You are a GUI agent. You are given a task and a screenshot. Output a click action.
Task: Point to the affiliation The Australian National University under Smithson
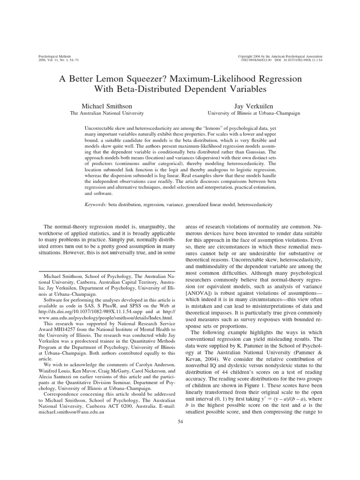click(x=106, y=113)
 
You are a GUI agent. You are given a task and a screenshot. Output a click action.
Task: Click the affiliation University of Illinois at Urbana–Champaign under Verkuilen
click(x=254, y=113)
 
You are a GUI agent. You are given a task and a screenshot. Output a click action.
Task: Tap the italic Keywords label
click(x=96, y=204)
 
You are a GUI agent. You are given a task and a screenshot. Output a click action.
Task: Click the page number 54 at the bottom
click(x=180, y=421)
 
